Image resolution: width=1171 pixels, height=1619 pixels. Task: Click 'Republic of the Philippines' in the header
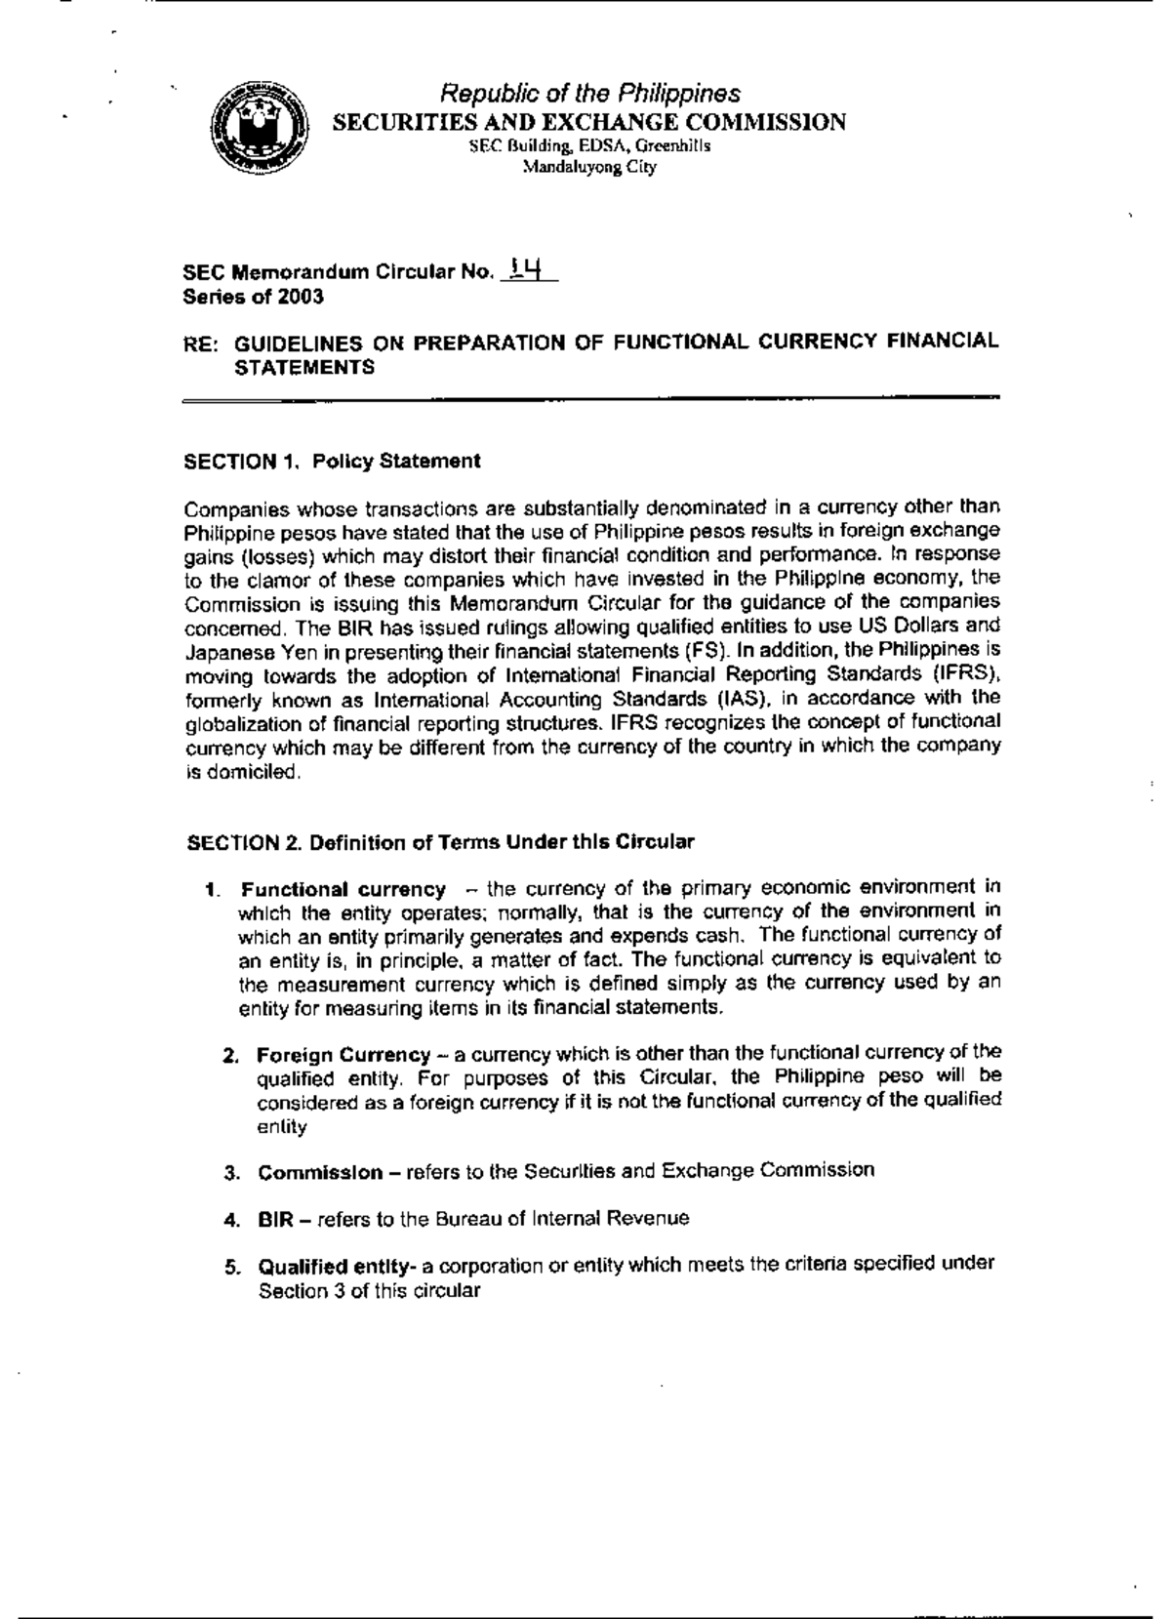click(590, 94)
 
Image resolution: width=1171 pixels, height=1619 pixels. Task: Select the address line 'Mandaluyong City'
click(589, 167)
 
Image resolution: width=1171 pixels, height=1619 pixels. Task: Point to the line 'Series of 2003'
click(254, 297)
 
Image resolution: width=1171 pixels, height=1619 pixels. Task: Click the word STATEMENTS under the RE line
click(304, 368)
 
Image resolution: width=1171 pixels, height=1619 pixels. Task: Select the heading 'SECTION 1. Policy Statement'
click(332, 461)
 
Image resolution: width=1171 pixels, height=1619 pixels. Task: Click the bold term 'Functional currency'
click(343, 889)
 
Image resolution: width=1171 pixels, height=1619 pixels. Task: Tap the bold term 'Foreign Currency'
click(343, 1055)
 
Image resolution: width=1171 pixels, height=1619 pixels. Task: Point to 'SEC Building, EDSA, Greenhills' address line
click(589, 146)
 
